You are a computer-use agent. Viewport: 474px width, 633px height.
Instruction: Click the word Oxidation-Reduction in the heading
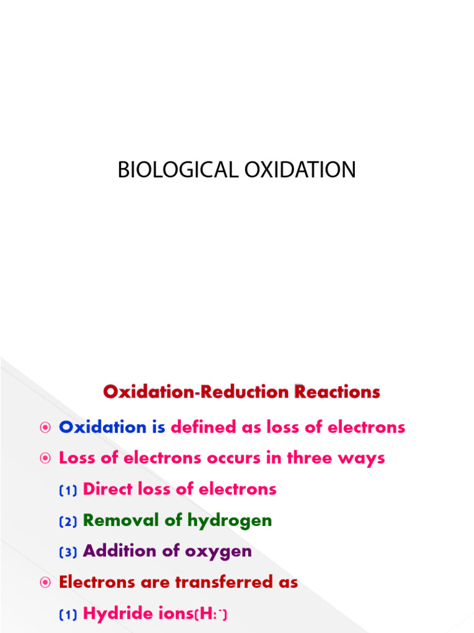click(x=196, y=392)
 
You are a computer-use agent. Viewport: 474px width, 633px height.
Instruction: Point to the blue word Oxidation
click(x=102, y=427)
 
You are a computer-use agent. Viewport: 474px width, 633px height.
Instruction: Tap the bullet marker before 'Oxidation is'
click(x=44, y=427)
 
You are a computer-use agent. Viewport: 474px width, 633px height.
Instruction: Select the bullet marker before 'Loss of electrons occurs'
click(x=44, y=458)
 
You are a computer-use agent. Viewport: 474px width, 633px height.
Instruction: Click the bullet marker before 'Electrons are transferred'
click(x=44, y=582)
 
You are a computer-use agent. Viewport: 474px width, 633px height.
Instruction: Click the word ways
click(x=365, y=459)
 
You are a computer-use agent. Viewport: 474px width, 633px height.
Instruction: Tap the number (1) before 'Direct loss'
click(x=68, y=490)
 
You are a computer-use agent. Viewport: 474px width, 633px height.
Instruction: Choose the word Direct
click(x=107, y=489)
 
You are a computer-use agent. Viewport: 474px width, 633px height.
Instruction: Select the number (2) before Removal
click(x=68, y=521)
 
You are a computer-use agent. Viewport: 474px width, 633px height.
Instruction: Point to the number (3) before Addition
click(x=68, y=552)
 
